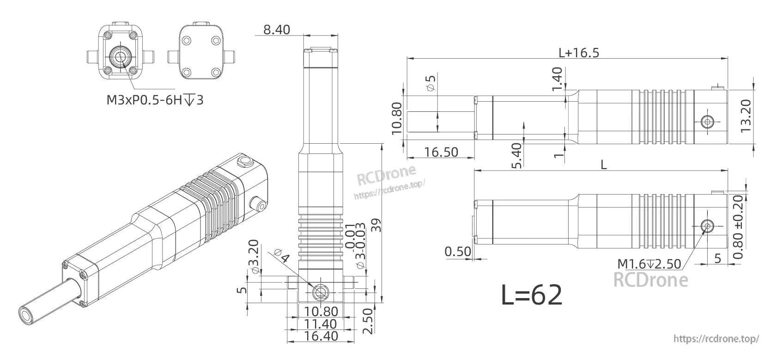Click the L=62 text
532,295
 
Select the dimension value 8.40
277,30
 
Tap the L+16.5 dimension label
578,52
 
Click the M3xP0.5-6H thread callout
154,99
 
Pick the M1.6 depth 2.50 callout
649,264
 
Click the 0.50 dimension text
458,252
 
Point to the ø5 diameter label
431,84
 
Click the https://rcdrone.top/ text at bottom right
716,339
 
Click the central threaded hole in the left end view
121,57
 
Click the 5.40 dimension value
517,156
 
